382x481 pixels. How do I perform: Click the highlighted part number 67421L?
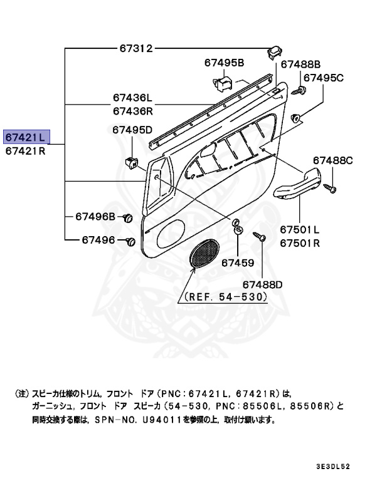26,136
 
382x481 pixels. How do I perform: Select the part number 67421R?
26,151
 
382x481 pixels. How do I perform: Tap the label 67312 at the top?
135,48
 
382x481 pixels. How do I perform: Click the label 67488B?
300,65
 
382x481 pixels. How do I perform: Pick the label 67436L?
133,98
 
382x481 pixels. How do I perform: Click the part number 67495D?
133,130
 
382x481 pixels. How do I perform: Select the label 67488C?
333,161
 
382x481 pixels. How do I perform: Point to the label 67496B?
95,217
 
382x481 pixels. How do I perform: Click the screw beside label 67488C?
331,187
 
